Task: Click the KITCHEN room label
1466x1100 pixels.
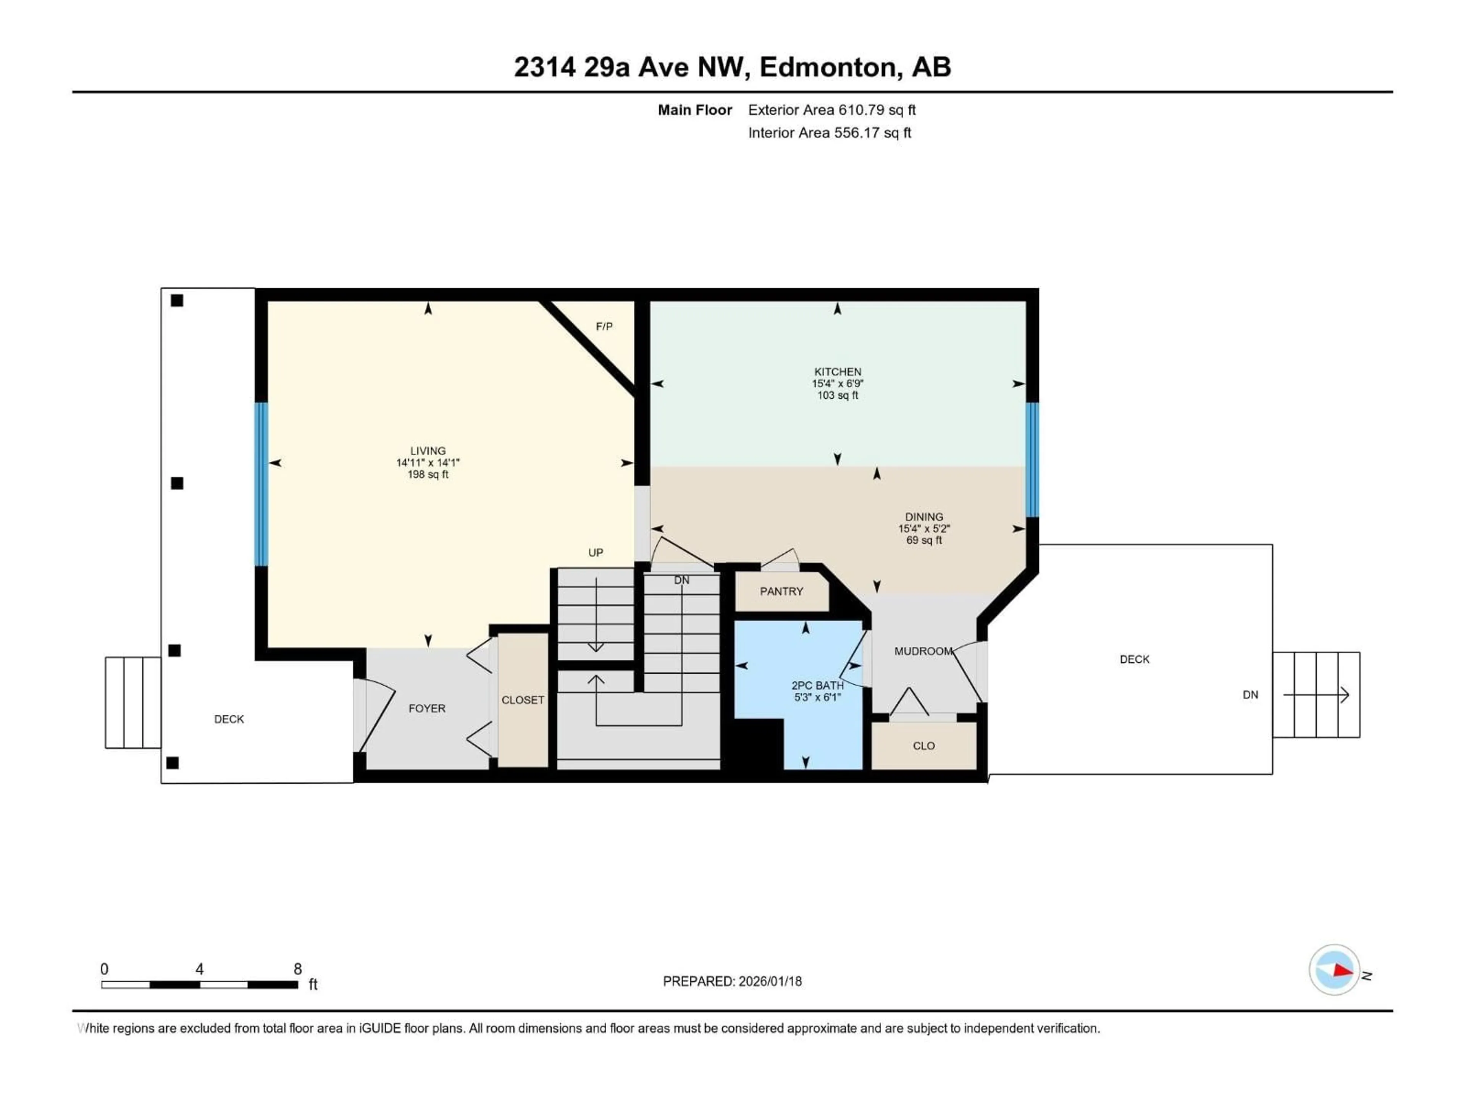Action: click(x=838, y=372)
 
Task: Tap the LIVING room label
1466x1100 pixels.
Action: click(x=428, y=451)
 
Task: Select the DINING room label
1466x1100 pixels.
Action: click(x=924, y=516)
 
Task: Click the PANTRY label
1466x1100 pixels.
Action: click(x=781, y=591)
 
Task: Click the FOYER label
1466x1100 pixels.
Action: click(x=427, y=708)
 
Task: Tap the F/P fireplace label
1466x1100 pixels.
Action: click(x=604, y=326)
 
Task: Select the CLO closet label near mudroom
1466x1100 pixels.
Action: click(x=923, y=746)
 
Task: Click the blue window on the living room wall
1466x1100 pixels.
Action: click(x=262, y=484)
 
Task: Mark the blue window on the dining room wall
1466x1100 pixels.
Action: click(x=1032, y=459)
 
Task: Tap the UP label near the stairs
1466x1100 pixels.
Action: click(x=595, y=552)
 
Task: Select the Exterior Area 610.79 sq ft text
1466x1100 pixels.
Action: click(x=832, y=110)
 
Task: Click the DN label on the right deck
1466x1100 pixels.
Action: click(x=1250, y=695)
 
